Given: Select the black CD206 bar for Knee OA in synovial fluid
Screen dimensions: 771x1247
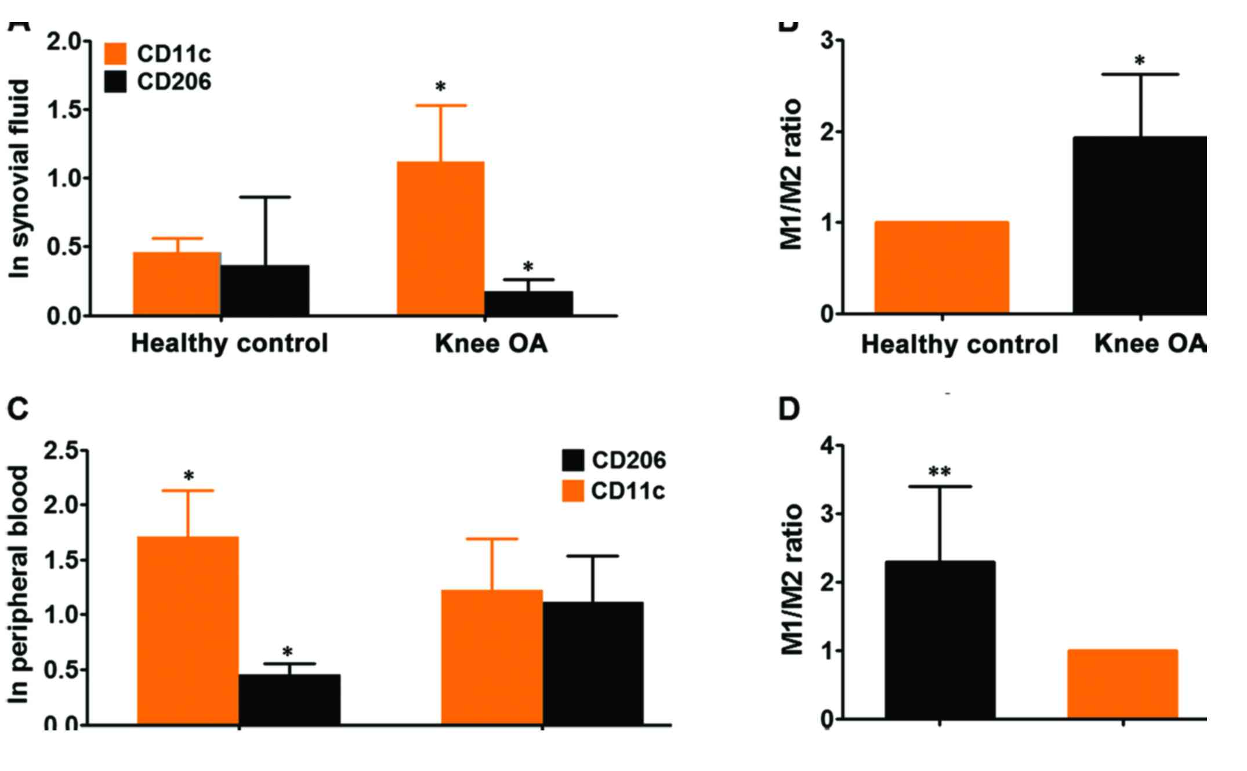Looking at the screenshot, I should click(528, 303).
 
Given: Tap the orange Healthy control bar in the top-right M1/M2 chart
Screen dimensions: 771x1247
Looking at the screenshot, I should click(941, 267).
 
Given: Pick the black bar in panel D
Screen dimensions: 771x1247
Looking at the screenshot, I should click(940, 640).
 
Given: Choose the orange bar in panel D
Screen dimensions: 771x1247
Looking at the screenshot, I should click(1122, 684).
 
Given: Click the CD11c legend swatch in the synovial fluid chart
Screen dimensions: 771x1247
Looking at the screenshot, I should click(115, 53).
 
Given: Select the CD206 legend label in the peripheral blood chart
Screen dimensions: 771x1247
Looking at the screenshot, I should click(629, 461).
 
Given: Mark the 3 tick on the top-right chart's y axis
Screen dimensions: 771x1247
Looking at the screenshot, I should click(828, 41).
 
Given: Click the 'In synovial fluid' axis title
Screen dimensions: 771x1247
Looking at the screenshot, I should click(20, 179).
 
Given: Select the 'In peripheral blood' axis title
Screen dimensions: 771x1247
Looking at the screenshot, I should click(20, 584).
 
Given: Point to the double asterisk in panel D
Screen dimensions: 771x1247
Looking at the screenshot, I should click(939, 472).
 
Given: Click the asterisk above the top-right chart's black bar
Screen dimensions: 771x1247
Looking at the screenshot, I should click(1140, 61).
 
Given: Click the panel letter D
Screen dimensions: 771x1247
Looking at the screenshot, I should click(788, 409).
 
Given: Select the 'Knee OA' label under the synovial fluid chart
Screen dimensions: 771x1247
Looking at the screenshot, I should click(491, 344).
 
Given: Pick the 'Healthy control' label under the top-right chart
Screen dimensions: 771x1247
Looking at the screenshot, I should click(959, 344).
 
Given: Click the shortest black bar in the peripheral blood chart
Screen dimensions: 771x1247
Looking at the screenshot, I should click(289, 699).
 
